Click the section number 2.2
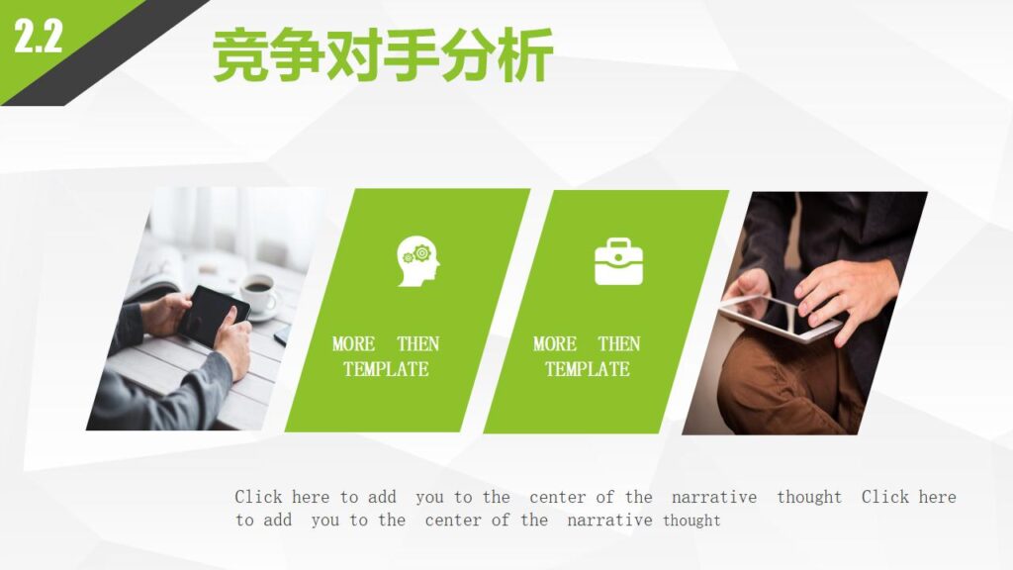(38, 38)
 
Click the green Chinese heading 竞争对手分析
(383, 55)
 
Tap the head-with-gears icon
(418, 261)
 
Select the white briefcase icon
(618, 261)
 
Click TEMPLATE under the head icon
(386, 370)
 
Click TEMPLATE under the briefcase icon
(587, 370)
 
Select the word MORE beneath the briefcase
(555, 344)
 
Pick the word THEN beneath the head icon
(417, 344)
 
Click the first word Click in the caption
(258, 497)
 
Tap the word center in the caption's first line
(557, 497)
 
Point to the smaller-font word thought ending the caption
(691, 521)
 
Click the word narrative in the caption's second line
(609, 521)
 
